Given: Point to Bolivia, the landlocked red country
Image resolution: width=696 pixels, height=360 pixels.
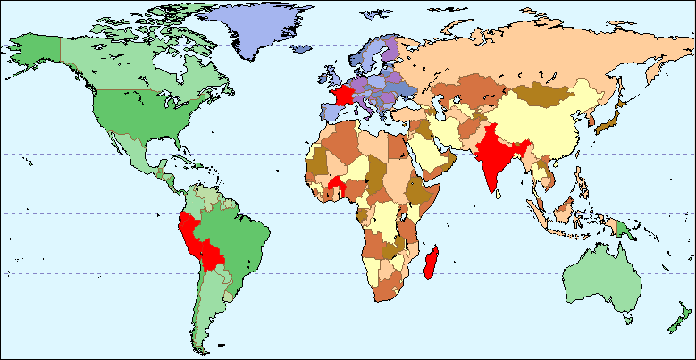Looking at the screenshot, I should (x=213, y=255).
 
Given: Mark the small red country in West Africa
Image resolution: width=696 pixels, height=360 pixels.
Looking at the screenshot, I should (x=338, y=184).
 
